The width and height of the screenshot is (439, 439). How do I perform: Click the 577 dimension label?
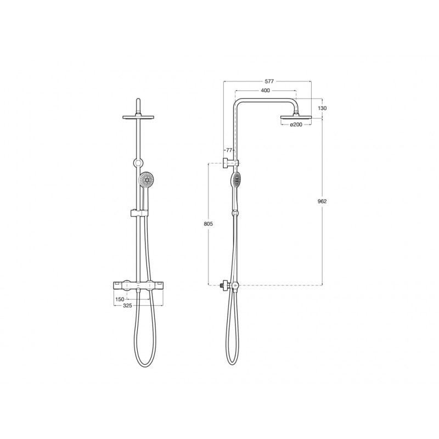coord(269,81)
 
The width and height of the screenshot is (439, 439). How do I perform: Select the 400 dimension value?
coord(265,91)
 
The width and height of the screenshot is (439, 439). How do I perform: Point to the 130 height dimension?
coord(323,108)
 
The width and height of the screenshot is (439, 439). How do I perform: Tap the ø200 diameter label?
coord(296,125)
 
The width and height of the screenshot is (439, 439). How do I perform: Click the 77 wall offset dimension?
coord(229,150)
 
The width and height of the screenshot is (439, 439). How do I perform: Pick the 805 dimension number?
coord(209,224)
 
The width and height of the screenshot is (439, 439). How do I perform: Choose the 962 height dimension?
coord(322,201)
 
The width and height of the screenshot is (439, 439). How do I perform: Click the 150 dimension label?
coord(120,299)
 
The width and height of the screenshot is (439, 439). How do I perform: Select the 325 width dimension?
coord(127,306)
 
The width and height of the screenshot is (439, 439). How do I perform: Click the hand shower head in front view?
coord(147,179)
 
